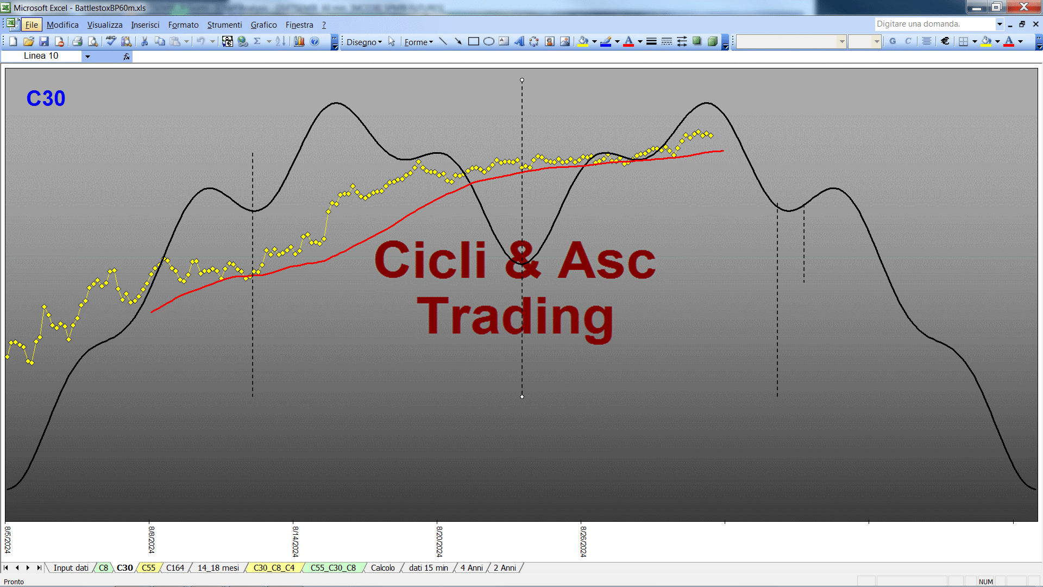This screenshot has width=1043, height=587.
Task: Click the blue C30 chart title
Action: point(46,98)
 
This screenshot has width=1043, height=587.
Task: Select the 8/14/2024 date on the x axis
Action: point(295,541)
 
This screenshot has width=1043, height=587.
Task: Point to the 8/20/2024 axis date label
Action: point(439,541)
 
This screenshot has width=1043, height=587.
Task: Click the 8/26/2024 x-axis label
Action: point(583,541)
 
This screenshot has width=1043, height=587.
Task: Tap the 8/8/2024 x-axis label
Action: point(151,539)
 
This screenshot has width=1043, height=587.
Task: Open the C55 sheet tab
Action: point(148,568)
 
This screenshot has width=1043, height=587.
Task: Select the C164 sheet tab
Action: point(175,568)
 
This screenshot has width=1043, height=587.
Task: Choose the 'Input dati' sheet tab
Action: point(71,568)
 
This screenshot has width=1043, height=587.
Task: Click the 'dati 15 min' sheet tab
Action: point(429,568)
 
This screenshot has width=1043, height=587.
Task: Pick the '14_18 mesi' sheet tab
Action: point(218,568)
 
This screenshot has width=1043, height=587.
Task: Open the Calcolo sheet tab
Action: point(383,568)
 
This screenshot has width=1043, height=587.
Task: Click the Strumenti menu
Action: point(224,25)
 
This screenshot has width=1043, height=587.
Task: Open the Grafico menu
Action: point(263,25)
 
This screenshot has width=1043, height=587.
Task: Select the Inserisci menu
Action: point(145,25)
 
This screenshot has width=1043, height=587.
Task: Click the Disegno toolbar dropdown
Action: point(364,42)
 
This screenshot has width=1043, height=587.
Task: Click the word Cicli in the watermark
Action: point(430,260)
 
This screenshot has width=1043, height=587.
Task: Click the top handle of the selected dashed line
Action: point(522,80)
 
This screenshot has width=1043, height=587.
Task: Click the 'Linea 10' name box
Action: point(41,56)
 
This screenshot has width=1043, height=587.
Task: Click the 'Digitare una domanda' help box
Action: point(934,24)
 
